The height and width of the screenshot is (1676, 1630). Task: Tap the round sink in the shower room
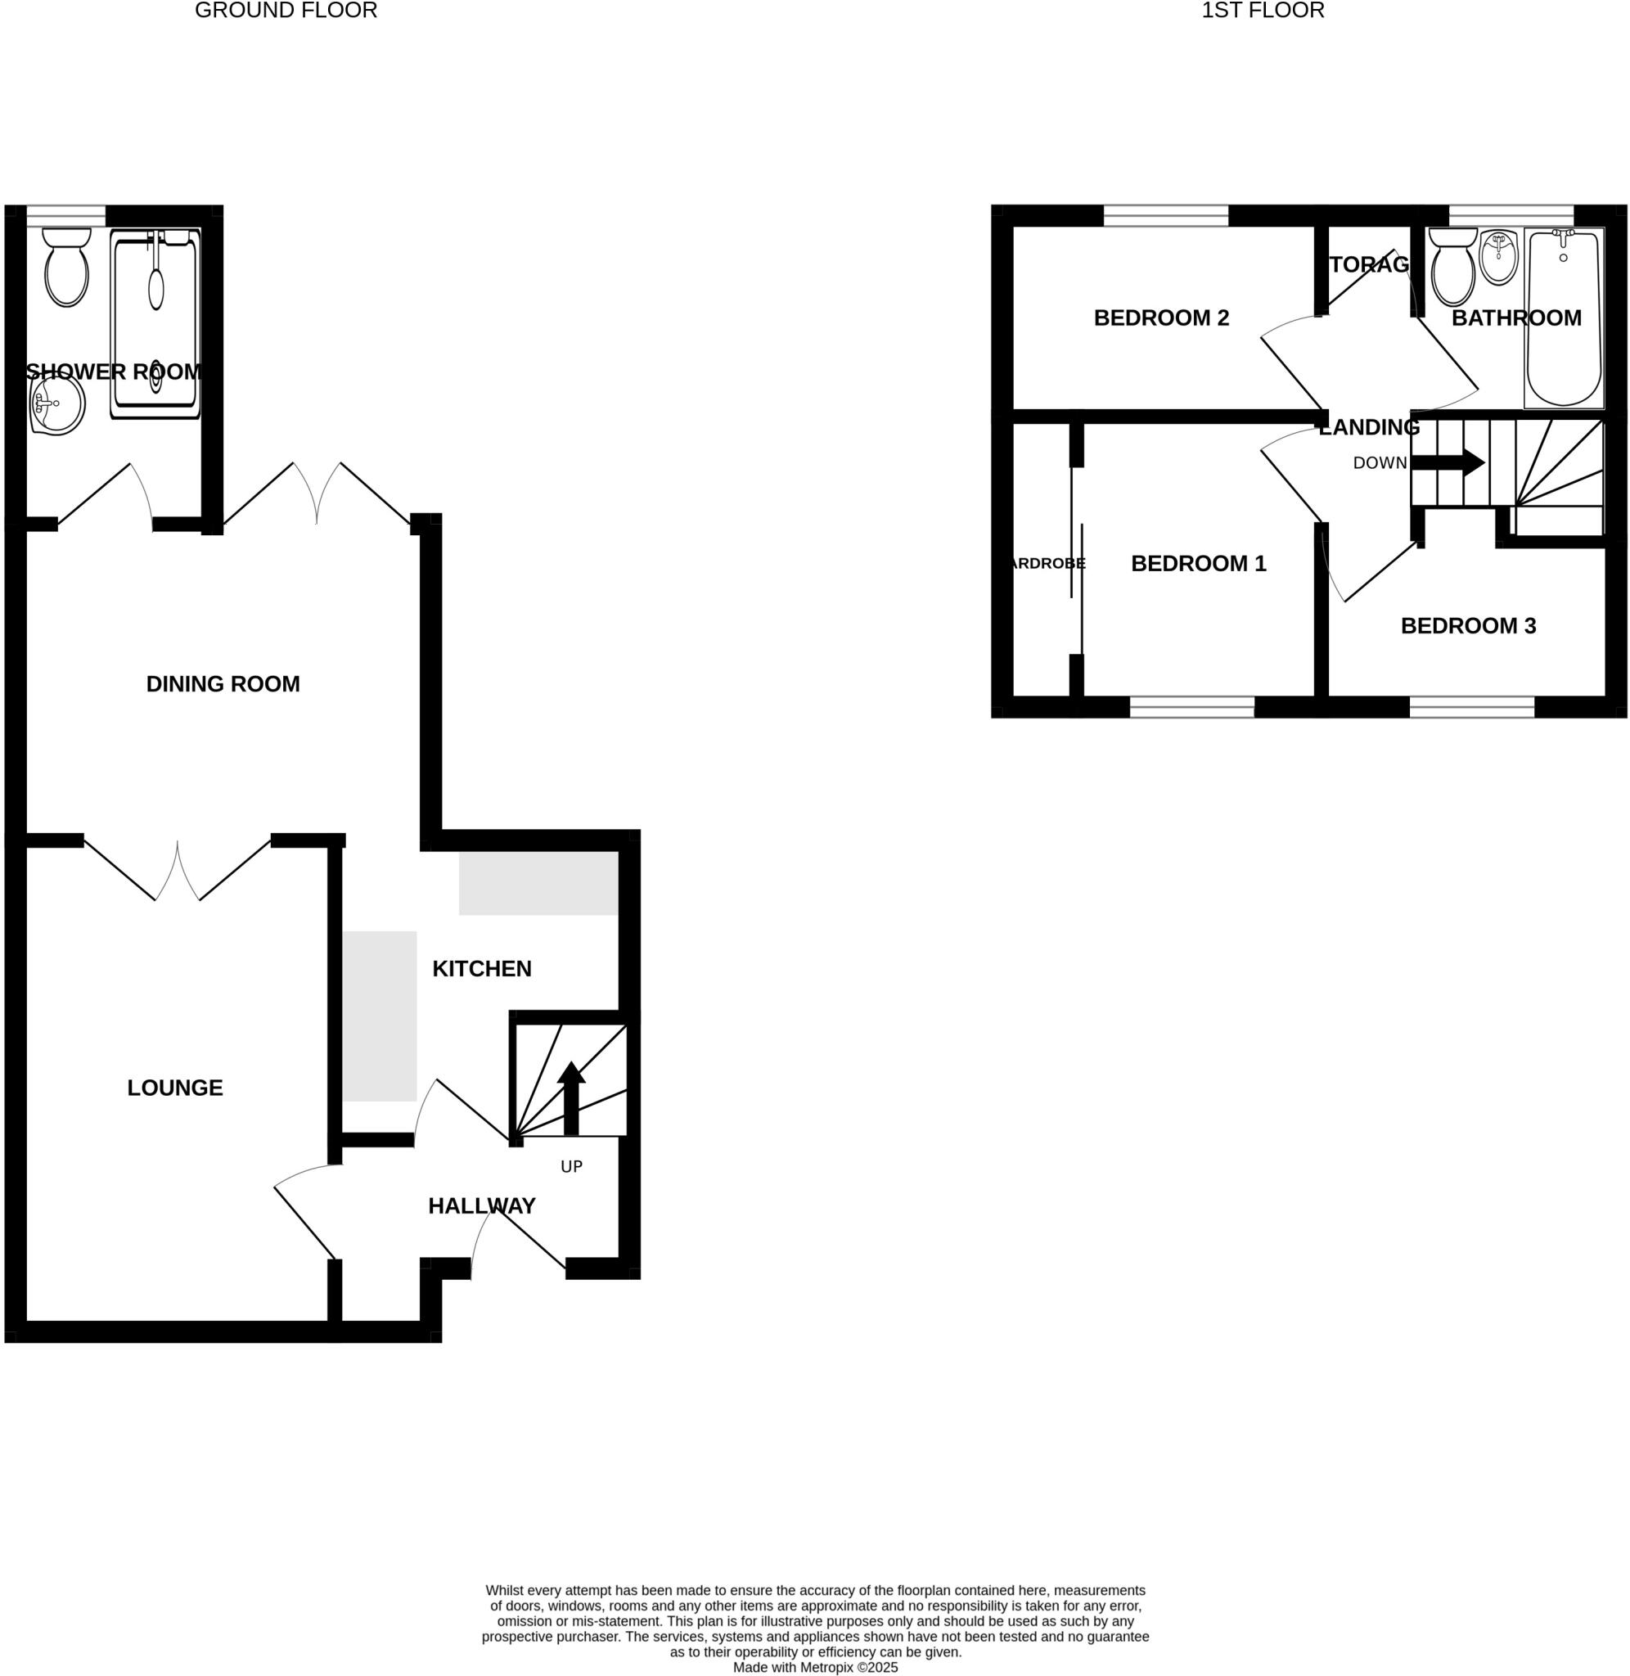tap(57, 404)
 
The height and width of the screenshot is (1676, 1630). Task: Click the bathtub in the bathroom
tap(1563, 318)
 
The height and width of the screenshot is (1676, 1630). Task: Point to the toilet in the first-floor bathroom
tap(1453, 269)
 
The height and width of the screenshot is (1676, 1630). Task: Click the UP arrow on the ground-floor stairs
tap(571, 1097)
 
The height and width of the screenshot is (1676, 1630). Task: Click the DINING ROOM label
tap(223, 684)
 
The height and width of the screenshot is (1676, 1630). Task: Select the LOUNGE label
tap(174, 1088)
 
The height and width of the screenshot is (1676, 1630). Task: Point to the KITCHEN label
tap(482, 969)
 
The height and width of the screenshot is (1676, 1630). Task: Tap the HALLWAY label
tap(482, 1206)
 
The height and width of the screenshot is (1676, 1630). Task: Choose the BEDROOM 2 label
tap(1161, 318)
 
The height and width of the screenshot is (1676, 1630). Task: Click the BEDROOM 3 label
tap(1468, 627)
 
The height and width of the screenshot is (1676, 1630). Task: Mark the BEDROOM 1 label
tap(1198, 564)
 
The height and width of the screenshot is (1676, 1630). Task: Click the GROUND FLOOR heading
tap(286, 11)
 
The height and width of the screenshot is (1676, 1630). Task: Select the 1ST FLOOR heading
tap(1263, 11)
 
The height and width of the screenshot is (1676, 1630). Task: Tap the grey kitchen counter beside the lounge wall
tap(379, 1016)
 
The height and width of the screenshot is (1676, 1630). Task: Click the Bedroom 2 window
tap(1166, 216)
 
